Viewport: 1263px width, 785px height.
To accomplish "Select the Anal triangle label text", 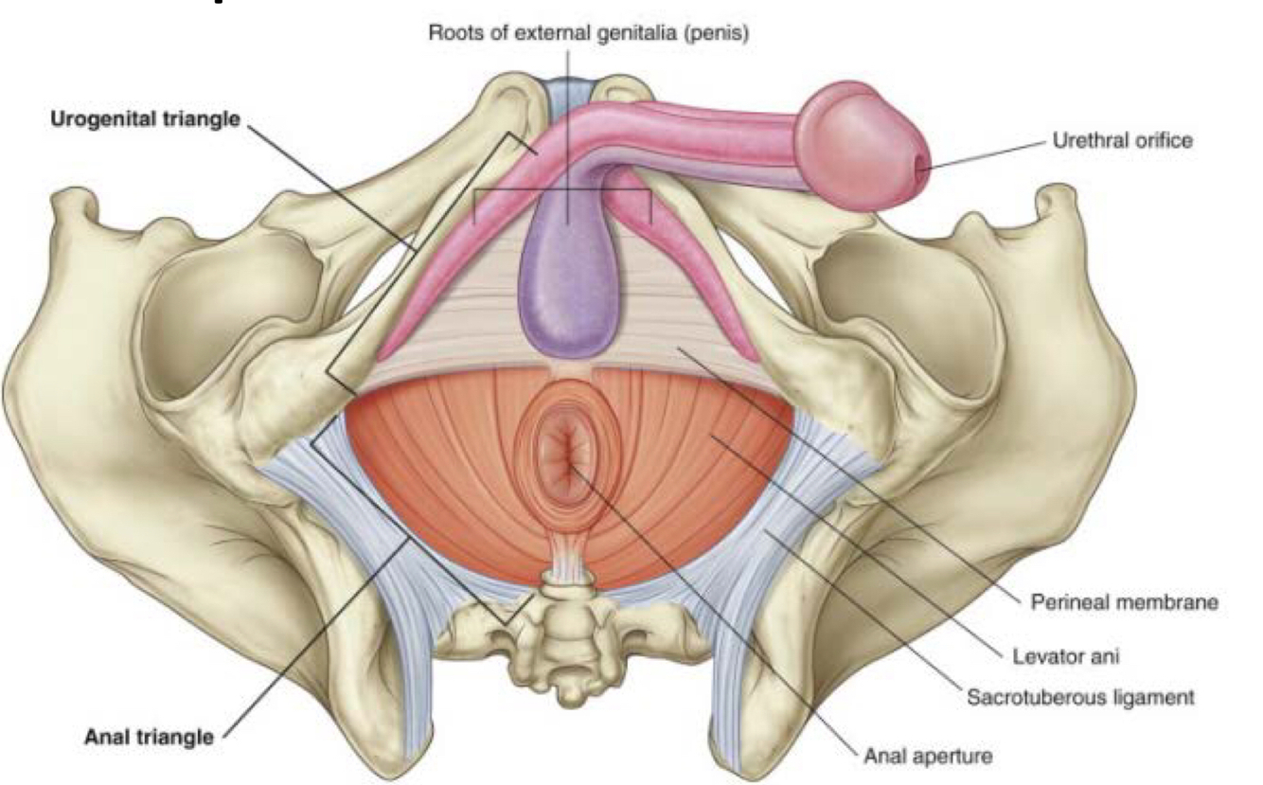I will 149,737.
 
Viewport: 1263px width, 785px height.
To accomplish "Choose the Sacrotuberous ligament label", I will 1080,697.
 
